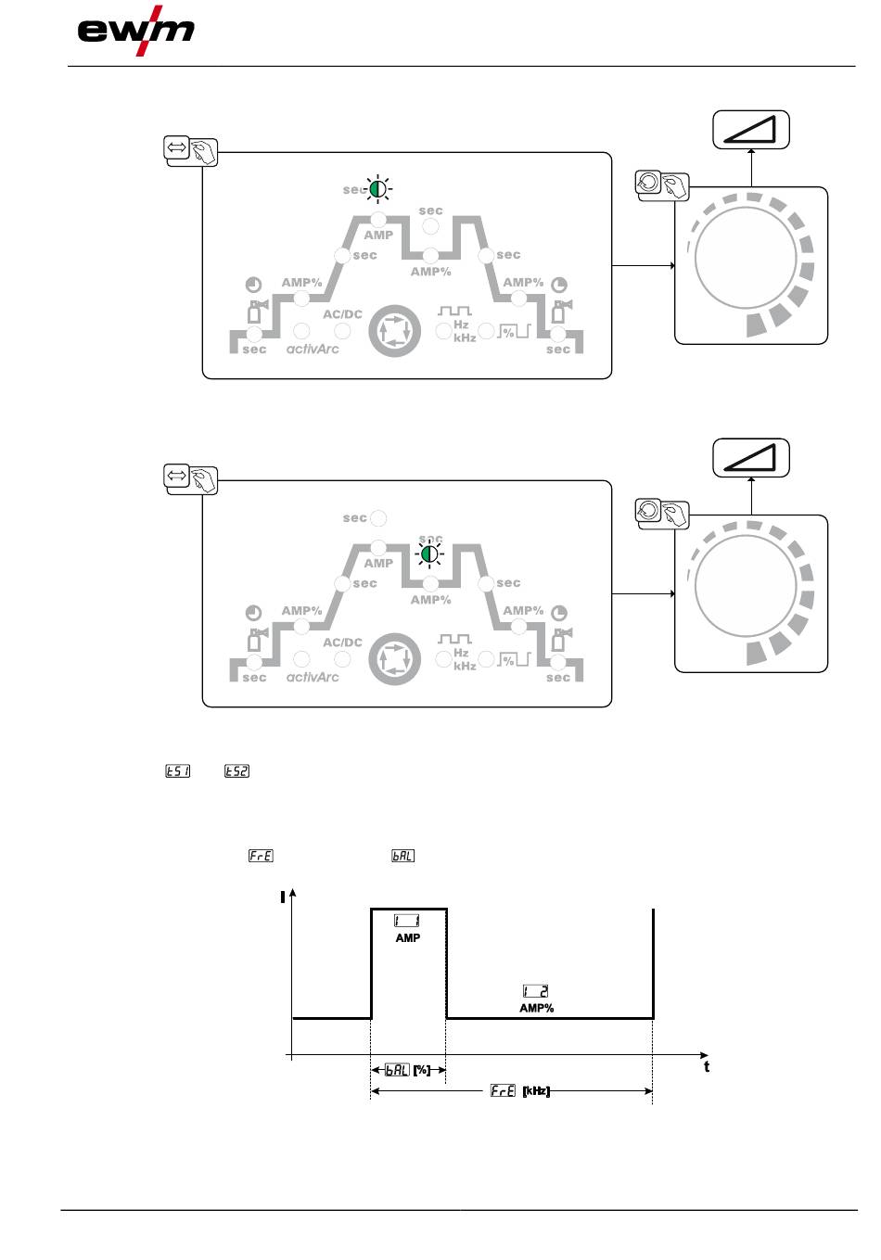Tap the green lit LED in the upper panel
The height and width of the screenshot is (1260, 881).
pos(377,189)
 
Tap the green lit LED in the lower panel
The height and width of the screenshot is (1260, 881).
pos(428,554)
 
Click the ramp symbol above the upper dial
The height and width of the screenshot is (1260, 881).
pos(750,130)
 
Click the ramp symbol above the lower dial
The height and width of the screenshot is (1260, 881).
pos(750,458)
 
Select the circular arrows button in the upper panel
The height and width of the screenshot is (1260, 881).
pos(395,330)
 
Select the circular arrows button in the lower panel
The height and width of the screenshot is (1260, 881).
pos(395,658)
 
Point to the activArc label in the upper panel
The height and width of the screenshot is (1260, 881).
pos(313,350)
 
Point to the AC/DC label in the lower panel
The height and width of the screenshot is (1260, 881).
pos(342,642)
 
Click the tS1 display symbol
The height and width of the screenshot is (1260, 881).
pos(177,770)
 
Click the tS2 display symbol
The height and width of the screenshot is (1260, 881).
pos(237,770)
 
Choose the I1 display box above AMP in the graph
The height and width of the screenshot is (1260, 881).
pos(407,921)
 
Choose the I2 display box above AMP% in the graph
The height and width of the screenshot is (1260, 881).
pos(536,991)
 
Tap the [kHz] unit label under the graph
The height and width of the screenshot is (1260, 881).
pos(536,1091)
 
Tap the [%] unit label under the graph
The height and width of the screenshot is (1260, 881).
pos(422,1070)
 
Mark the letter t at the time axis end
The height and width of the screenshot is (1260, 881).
pos(707,1066)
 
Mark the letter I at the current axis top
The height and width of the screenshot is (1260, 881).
pos(282,897)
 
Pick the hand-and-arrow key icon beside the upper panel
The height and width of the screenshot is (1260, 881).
pos(191,150)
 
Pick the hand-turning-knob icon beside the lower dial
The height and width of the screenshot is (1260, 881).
pos(662,513)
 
